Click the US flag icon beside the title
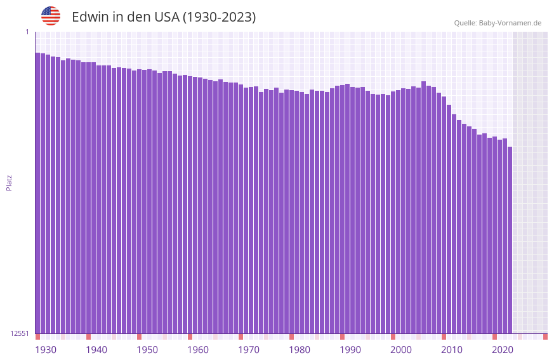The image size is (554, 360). [51, 16]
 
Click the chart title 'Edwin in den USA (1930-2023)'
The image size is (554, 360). [164, 17]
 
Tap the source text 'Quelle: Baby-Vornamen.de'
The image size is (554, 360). [498, 23]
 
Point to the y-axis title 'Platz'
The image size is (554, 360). [9, 182]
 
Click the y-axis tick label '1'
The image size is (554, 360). [27, 32]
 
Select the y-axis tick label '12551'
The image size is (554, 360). [20, 333]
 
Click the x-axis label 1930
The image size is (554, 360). [46, 350]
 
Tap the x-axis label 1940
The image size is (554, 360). [96, 350]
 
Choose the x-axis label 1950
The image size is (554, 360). [147, 350]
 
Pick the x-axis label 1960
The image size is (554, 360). [198, 350]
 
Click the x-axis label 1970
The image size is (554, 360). [249, 350]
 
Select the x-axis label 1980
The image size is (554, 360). [300, 350]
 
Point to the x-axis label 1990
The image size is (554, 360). [350, 350]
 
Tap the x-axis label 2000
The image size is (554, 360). [401, 350]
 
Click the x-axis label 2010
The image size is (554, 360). [452, 350]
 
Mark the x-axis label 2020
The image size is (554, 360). [503, 350]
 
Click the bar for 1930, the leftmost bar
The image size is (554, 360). [37, 190]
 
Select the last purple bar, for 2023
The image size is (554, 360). [510, 241]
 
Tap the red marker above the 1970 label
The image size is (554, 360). [241, 337]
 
